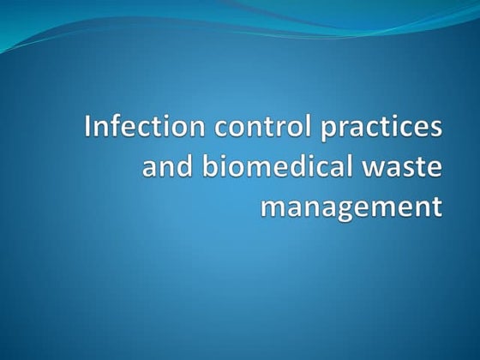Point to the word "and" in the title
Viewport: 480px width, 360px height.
[x=164, y=168]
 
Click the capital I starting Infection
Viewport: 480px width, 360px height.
[x=90, y=129]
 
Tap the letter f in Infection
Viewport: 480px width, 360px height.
[x=112, y=129]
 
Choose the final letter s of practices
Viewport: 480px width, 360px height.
[x=435, y=131]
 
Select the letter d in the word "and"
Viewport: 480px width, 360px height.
[x=179, y=167]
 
